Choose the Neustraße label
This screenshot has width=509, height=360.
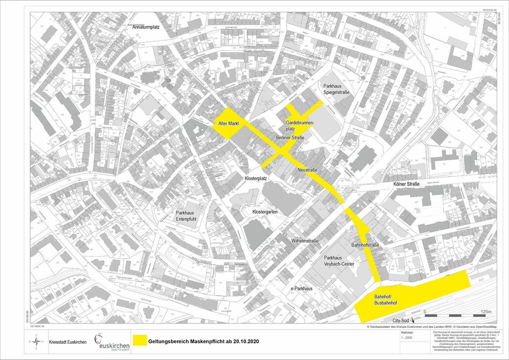(307, 169)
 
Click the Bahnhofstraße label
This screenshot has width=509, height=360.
(365, 245)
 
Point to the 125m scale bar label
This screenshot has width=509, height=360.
(486, 312)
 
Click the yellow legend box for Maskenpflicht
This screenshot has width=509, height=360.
(140, 341)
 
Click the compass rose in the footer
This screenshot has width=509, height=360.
(37, 341)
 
